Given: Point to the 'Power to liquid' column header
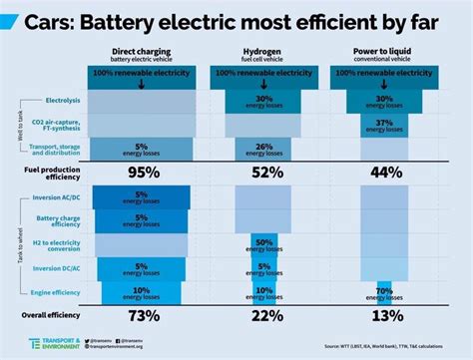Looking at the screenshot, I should pos(383,49).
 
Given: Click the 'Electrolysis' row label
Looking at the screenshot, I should pos(62,101).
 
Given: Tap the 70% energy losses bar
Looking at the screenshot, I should pos(383,292).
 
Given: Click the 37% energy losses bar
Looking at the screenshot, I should pos(383,124).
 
